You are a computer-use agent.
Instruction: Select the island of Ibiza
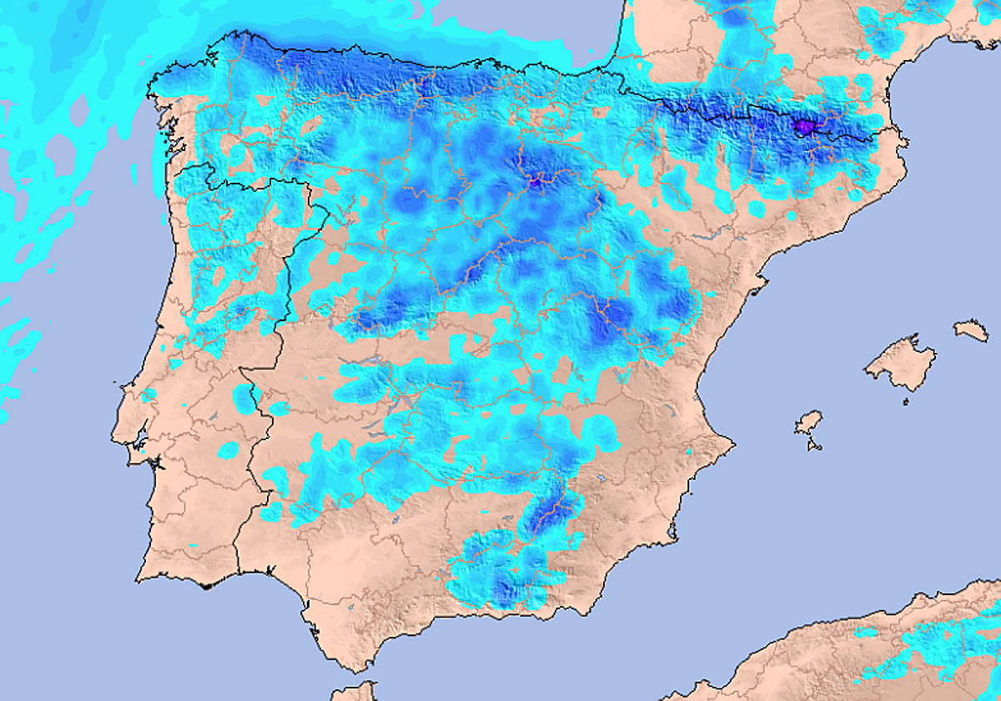[808, 422]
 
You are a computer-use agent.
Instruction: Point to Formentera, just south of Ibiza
[813, 445]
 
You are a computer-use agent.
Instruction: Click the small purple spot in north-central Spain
[536, 179]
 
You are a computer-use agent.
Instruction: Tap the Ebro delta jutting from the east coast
[757, 289]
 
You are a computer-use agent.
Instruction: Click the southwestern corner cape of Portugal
[138, 579]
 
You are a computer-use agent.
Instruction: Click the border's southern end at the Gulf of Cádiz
[239, 574]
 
